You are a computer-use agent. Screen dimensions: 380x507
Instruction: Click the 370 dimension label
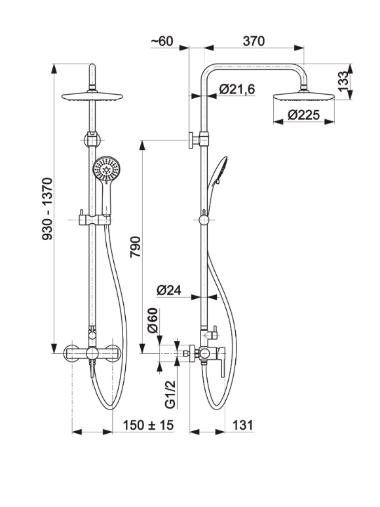pos(254,41)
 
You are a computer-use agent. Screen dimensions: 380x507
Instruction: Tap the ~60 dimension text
pos(162,41)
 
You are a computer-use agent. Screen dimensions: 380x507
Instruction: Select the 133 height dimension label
pos(343,82)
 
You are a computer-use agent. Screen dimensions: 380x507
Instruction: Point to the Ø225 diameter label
pos(303,114)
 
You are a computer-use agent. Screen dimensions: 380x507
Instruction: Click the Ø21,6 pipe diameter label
pos(237,89)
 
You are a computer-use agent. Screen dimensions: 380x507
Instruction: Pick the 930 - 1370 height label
pos(47,209)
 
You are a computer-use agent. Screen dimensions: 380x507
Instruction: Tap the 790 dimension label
pos(136,247)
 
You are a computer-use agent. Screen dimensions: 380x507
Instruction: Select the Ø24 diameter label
pos(169,290)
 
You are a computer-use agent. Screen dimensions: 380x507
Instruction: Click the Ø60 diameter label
pos(152,321)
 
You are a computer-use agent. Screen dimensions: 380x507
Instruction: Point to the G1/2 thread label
pos(170,394)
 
